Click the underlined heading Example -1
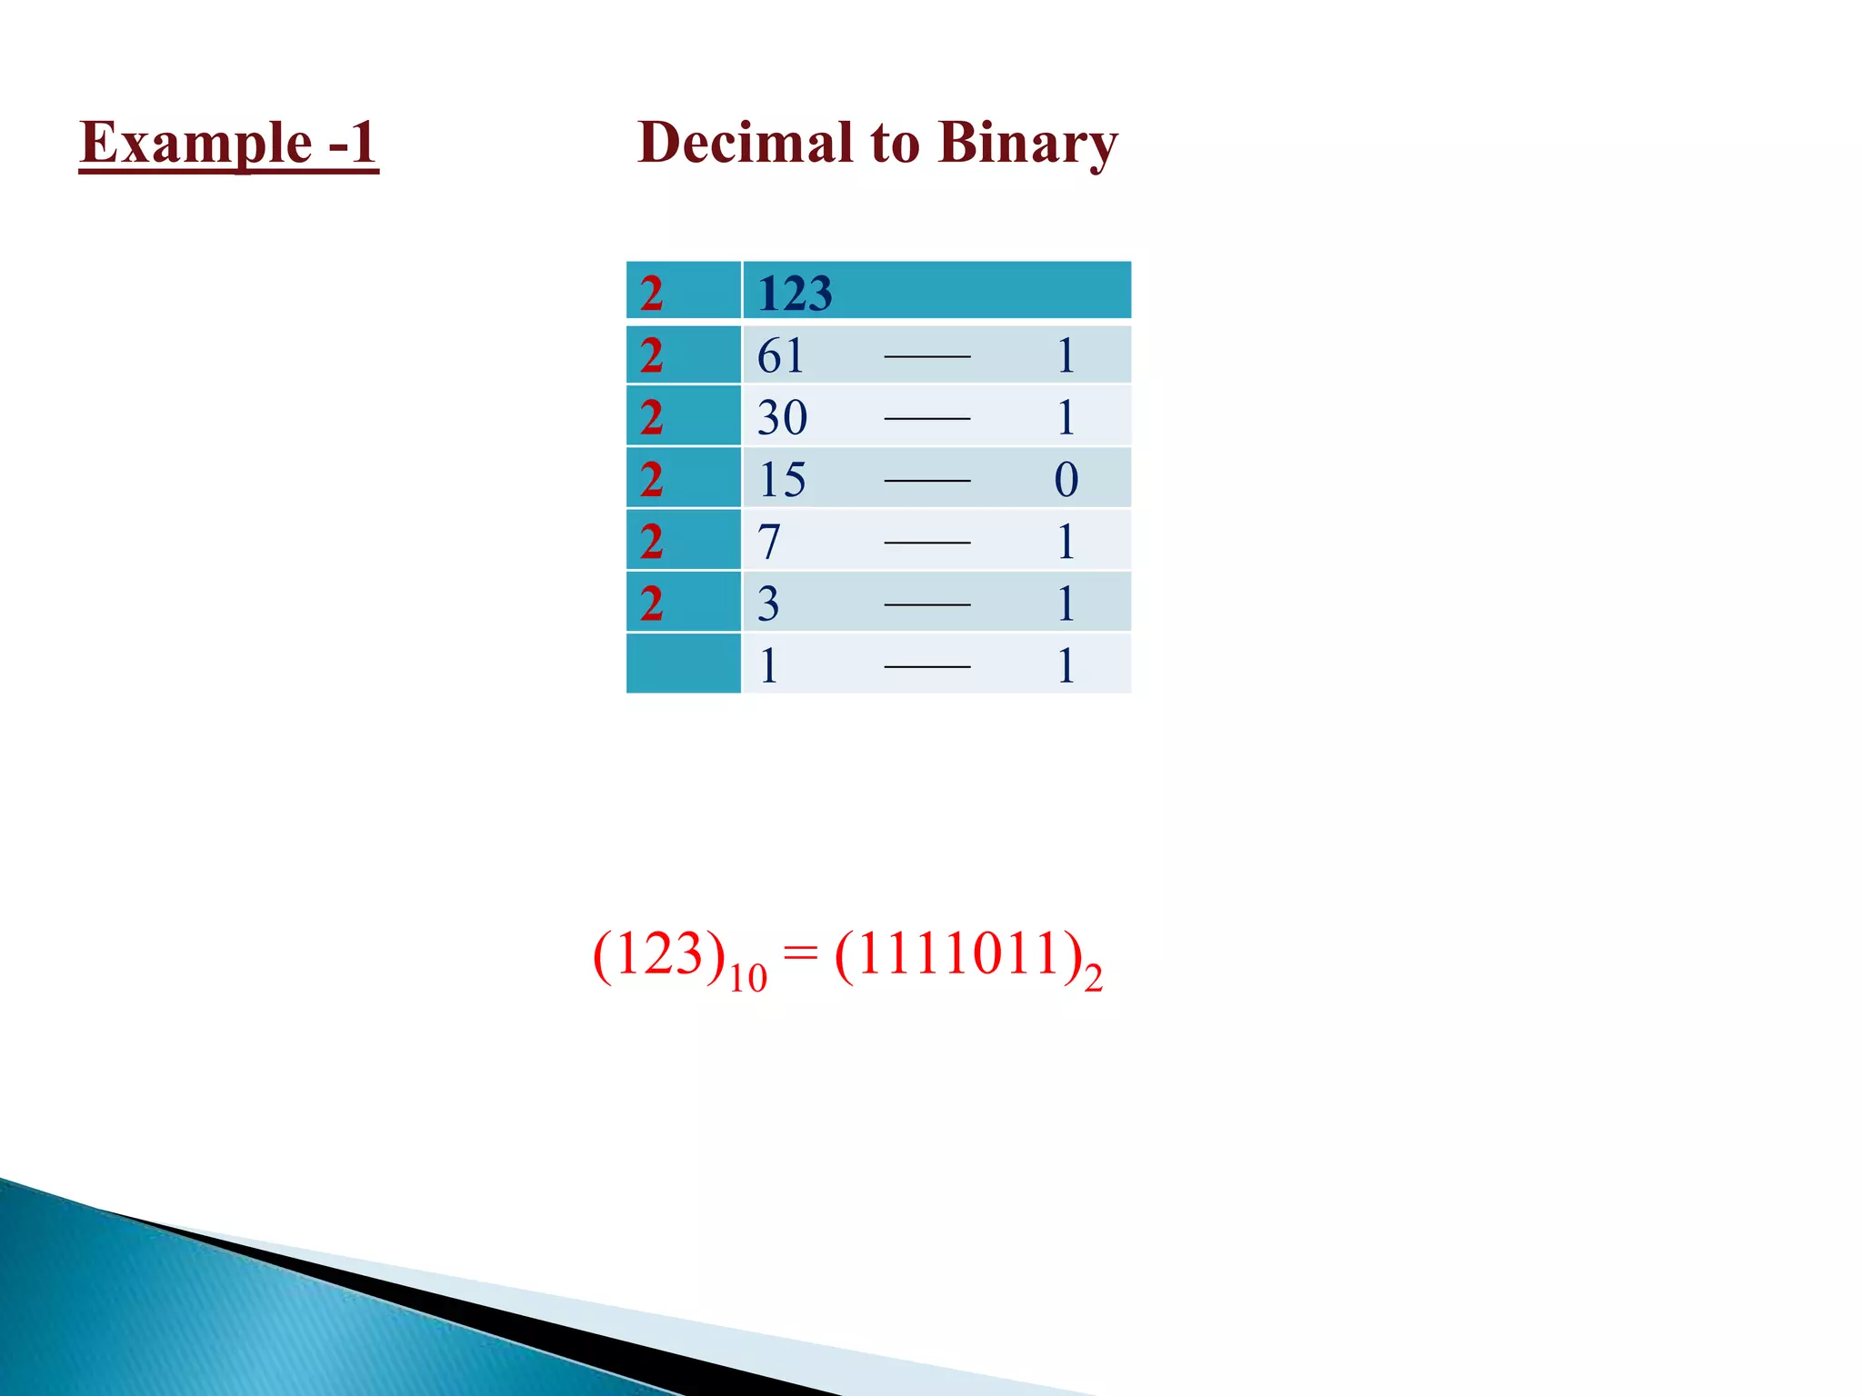pyautogui.click(x=228, y=143)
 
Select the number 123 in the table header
pyautogui.click(x=795, y=294)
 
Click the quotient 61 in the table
pyautogui.click(x=780, y=355)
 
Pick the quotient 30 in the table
pyautogui.click(x=782, y=418)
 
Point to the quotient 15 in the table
pyautogui.click(x=781, y=480)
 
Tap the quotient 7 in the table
pyautogui.click(x=769, y=542)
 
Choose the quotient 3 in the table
pyautogui.click(x=768, y=603)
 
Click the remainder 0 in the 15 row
pyautogui.click(x=1066, y=480)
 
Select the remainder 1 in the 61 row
pyautogui.click(x=1066, y=355)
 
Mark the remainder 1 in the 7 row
pyautogui.click(x=1066, y=542)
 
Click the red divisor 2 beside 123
pyautogui.click(x=651, y=294)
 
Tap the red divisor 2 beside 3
pyautogui.click(x=651, y=603)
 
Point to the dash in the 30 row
pyautogui.click(x=926, y=419)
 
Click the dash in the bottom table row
pyautogui.click(x=926, y=667)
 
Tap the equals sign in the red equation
pyautogui.click(x=800, y=954)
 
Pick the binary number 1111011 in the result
pyautogui.click(x=957, y=954)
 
